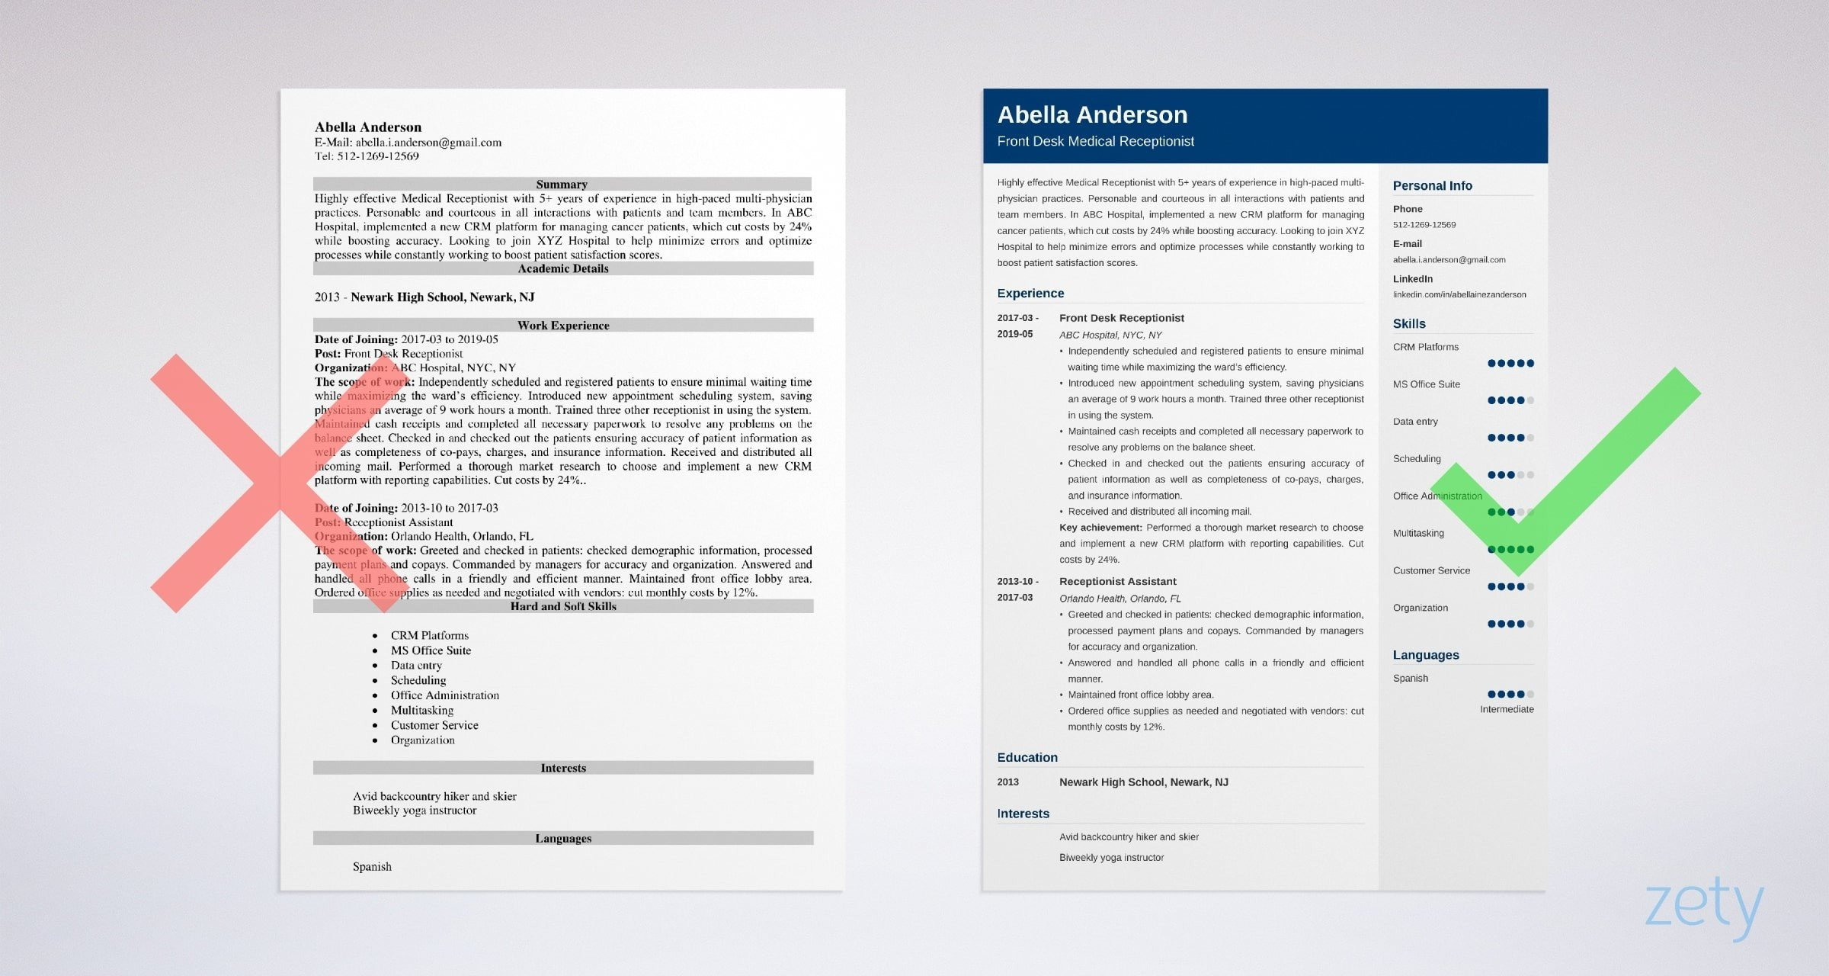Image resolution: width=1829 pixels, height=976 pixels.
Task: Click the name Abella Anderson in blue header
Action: [x=1092, y=115]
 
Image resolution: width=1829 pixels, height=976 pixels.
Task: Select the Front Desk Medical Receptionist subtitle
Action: [x=1095, y=142]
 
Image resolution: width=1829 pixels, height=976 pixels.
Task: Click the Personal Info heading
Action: [x=1432, y=186]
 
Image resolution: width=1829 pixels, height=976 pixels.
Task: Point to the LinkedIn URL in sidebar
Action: [x=1459, y=295]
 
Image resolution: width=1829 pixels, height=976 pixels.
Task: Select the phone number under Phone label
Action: [x=1424, y=225]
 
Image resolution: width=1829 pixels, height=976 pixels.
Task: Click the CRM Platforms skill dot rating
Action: [x=1510, y=364]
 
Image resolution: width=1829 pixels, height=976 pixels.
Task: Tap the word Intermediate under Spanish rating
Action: [x=1506, y=710]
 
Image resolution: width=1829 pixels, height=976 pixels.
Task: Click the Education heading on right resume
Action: [x=1027, y=758]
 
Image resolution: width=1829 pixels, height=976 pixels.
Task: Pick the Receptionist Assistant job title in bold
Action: [x=1117, y=582]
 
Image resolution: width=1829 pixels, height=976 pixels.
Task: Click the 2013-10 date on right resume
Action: [x=1017, y=582]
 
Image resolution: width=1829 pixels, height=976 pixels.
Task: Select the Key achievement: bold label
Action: [x=1100, y=528]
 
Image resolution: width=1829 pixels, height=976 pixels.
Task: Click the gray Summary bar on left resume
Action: [x=562, y=185]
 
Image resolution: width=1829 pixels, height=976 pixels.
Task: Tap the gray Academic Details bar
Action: [x=562, y=269]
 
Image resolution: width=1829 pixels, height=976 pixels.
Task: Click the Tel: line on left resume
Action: [x=367, y=156]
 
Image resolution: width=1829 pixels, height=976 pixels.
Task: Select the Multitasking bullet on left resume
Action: [x=421, y=711]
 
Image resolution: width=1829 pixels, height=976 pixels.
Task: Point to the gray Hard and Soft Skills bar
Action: [x=562, y=607]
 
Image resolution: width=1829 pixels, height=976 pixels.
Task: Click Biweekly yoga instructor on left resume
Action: [x=414, y=811]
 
